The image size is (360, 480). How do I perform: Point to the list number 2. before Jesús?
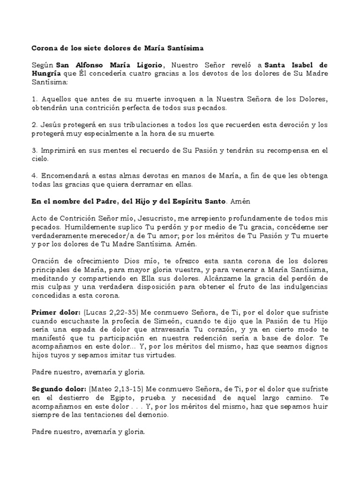[34, 125]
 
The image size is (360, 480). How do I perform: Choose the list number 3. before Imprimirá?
[34, 150]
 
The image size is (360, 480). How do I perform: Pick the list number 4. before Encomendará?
[34, 175]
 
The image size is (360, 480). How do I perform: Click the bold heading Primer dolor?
[50, 312]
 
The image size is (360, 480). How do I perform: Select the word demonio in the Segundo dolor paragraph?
[153, 415]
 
